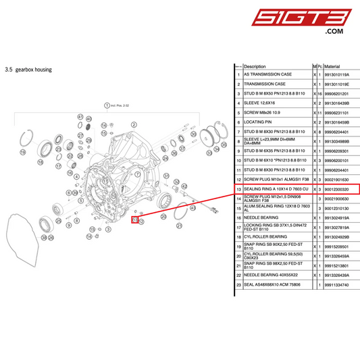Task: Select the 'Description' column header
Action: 255,67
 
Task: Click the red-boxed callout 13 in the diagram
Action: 135,220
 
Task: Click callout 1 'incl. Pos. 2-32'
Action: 106,105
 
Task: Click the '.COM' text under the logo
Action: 334,32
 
